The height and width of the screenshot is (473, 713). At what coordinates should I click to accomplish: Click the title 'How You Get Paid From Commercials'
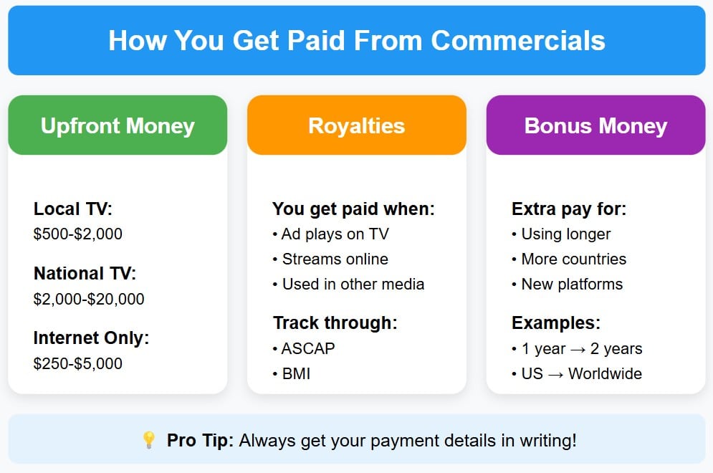tap(356, 40)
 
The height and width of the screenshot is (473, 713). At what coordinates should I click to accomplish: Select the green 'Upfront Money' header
tap(118, 126)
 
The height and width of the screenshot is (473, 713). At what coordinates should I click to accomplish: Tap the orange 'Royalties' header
tap(356, 126)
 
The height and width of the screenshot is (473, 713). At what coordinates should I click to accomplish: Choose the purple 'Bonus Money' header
tap(595, 126)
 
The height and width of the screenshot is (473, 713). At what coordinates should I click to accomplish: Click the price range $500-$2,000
tap(78, 234)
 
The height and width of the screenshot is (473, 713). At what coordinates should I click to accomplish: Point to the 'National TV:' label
tap(85, 273)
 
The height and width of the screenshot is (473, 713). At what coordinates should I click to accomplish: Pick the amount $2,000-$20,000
tap(89, 299)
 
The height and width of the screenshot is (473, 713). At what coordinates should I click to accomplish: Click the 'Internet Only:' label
tap(91, 338)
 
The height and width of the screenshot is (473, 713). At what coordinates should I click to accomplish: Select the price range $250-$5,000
tap(78, 363)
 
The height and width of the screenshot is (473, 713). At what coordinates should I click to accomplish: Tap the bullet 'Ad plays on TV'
tap(335, 234)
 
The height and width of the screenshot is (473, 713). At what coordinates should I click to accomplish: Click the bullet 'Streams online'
tap(335, 259)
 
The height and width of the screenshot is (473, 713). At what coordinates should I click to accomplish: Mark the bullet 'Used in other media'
tap(353, 284)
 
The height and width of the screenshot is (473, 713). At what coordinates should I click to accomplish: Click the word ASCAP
tap(308, 348)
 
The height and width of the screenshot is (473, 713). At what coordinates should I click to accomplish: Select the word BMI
tap(296, 373)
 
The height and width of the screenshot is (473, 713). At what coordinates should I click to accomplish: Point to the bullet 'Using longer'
tap(565, 234)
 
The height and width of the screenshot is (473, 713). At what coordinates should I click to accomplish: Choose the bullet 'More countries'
tap(573, 259)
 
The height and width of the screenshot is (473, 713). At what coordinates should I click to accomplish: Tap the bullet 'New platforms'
tap(572, 284)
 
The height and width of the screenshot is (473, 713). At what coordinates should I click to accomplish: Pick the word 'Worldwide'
tap(605, 373)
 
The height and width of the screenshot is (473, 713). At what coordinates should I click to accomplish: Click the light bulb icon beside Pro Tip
tap(149, 440)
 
